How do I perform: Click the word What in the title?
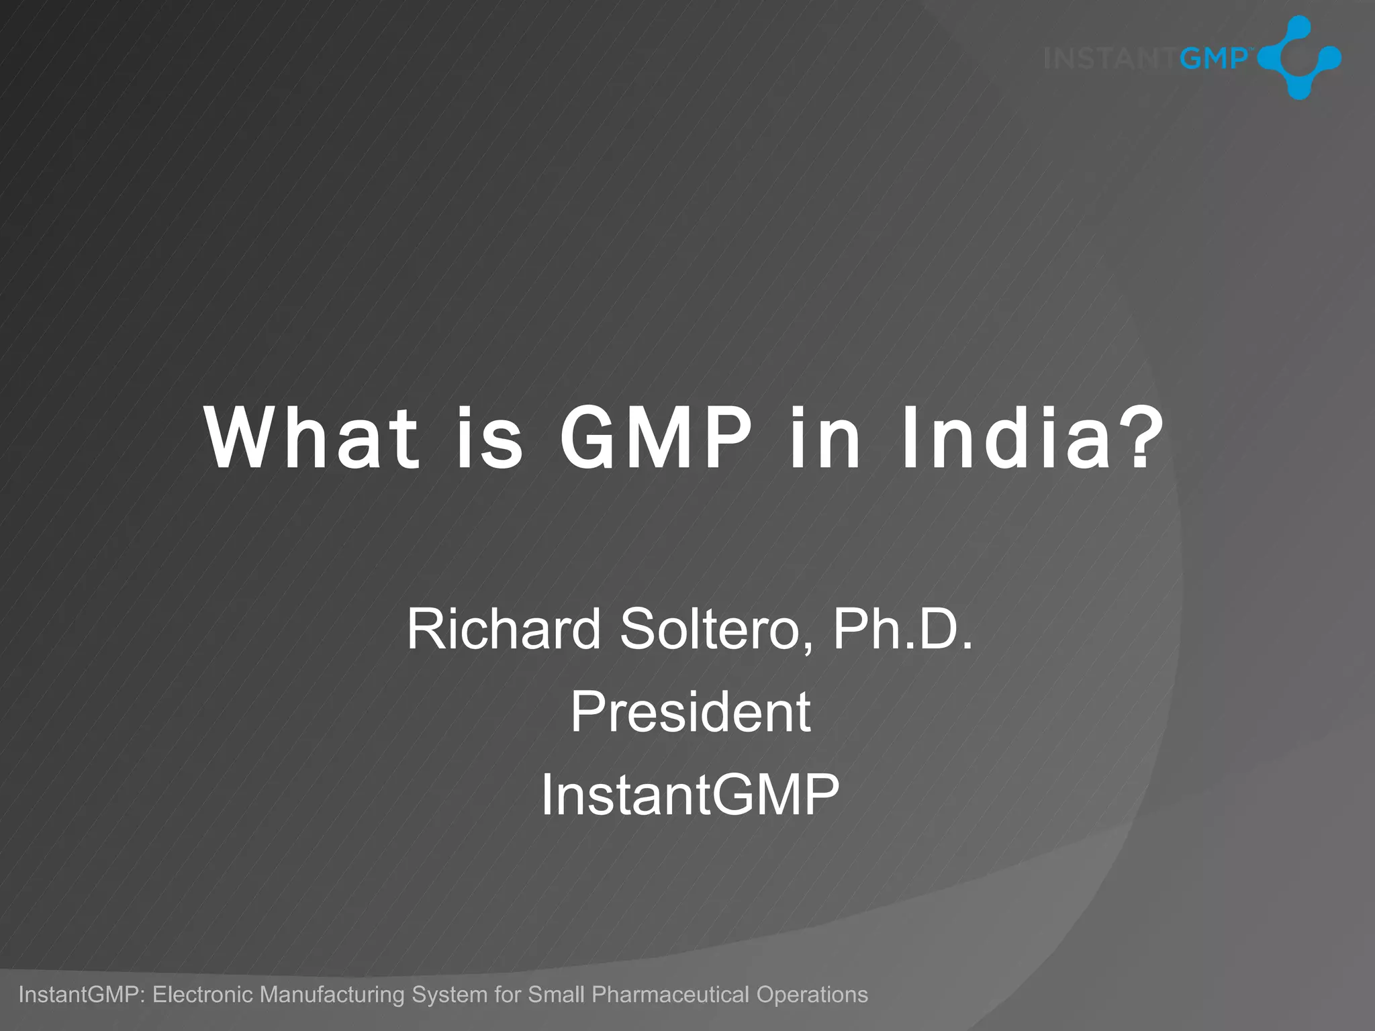coord(312,440)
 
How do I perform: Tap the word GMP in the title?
coord(656,440)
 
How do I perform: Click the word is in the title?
coord(489,440)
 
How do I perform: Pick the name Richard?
coord(504,629)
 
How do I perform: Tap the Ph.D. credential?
coord(902,629)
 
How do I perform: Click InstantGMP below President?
coord(690,795)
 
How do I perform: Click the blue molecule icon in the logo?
coord(1299,58)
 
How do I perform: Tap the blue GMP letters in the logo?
coord(1213,58)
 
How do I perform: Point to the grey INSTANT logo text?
coord(1111,59)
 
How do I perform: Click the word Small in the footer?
coord(556,994)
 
